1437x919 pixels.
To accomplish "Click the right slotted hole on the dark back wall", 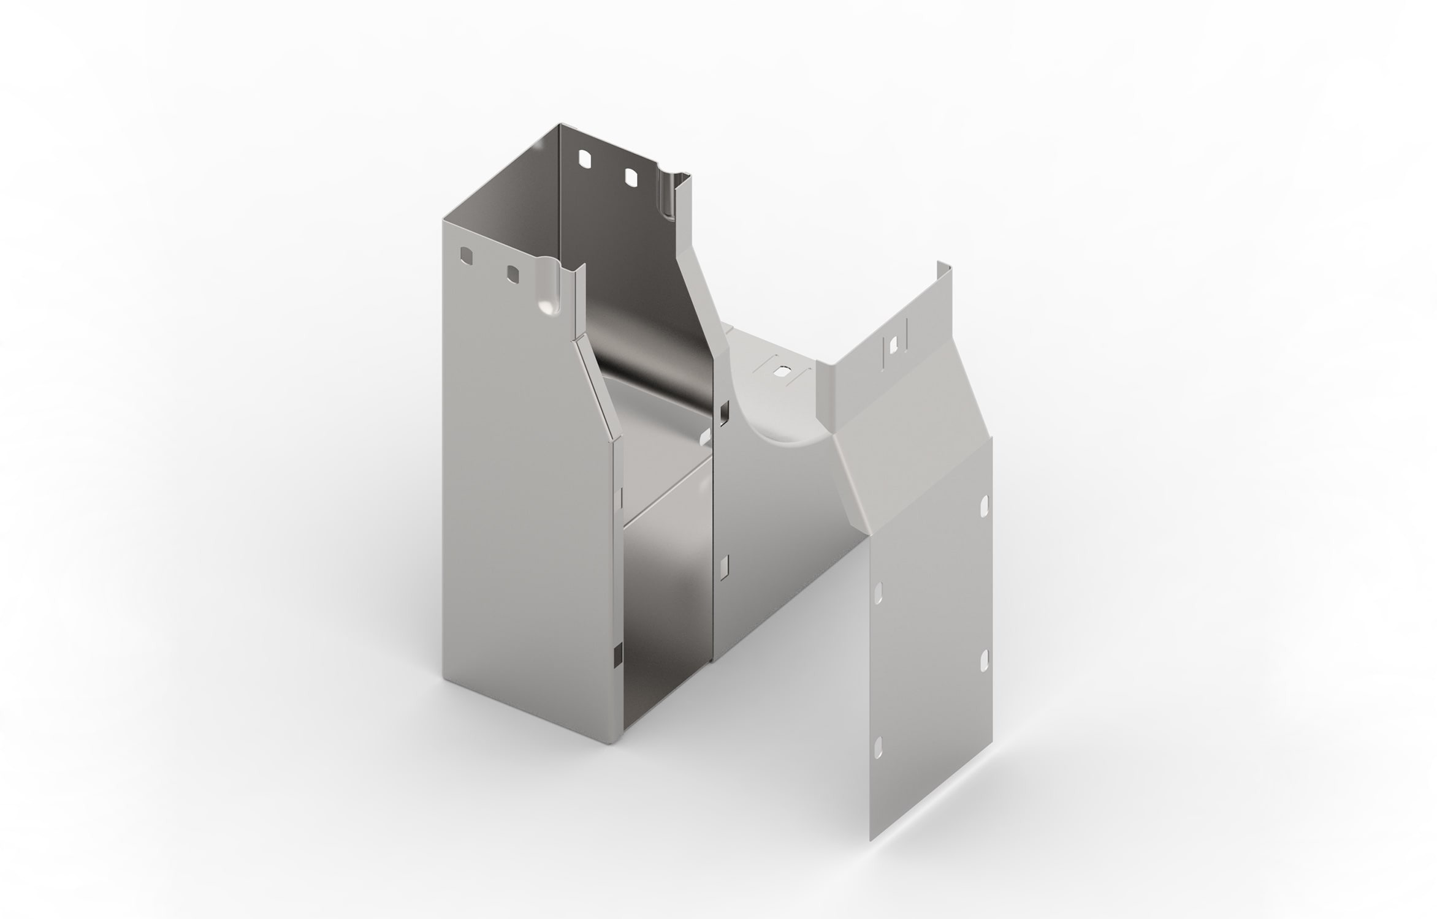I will point(631,177).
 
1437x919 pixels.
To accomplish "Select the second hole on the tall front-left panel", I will point(511,274).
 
